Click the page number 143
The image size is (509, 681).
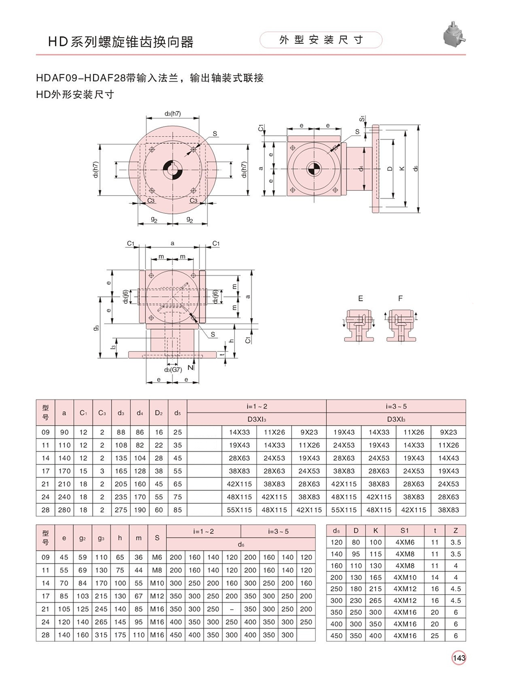point(459,658)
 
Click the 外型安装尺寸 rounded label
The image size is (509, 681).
point(321,40)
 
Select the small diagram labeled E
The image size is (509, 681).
point(359,326)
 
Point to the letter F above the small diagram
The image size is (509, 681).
point(400,298)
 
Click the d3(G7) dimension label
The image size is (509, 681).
point(173,370)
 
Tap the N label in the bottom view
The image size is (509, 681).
point(191,367)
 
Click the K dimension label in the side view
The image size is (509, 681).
point(402,168)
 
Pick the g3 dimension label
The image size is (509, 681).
point(97,327)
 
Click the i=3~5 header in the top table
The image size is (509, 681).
point(396,406)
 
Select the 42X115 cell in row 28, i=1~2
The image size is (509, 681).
point(309,510)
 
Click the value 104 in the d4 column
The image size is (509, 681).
point(140,458)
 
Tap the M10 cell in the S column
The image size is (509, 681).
point(157,583)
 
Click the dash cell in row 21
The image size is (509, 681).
point(232,609)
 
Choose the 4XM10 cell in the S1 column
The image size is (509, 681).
point(405,577)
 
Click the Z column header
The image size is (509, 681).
point(456,530)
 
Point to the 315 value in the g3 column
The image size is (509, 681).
point(101,635)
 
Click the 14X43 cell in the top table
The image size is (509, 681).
point(448,458)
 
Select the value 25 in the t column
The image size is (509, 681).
point(435,636)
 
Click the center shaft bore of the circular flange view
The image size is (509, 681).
point(173,169)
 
